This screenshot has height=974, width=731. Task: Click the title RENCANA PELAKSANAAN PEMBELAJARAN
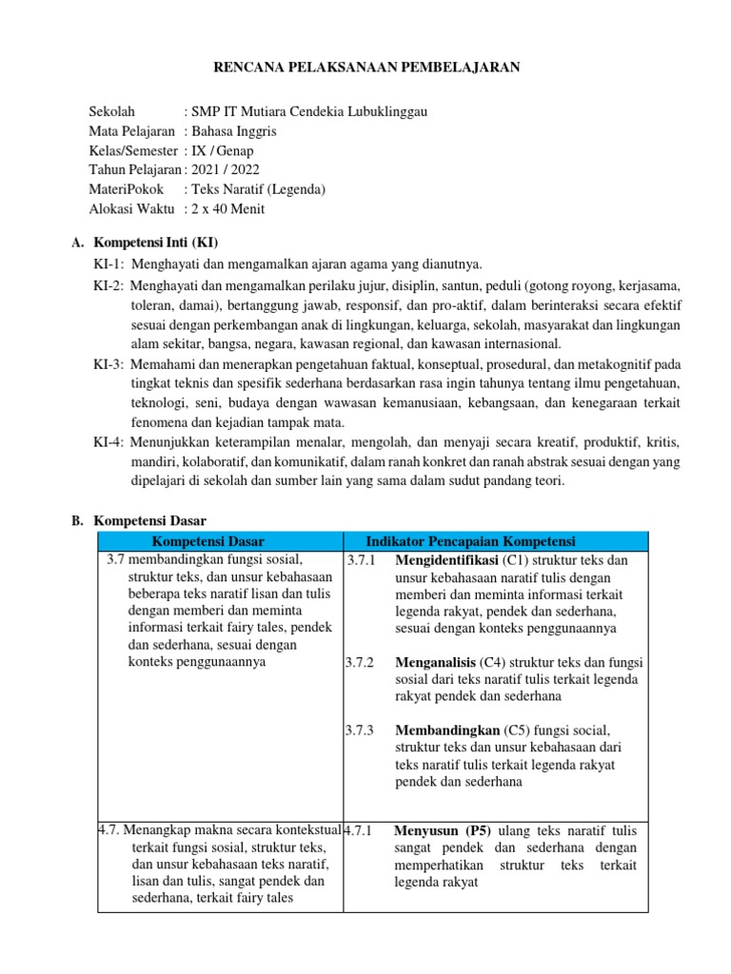365,67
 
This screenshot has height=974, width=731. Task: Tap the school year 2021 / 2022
225,169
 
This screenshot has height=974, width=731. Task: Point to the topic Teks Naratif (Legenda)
258,188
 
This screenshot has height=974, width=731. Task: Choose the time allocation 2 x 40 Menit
227,208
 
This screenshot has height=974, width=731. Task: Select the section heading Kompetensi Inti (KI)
163,243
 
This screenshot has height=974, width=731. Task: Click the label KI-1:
109,263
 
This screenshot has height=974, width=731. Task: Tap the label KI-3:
109,363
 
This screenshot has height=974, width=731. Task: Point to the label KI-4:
109,442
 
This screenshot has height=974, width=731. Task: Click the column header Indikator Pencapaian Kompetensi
470,541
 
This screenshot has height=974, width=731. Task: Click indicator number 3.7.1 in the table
362,559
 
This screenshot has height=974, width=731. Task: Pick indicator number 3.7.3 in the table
362,730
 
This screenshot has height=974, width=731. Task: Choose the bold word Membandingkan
446,730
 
